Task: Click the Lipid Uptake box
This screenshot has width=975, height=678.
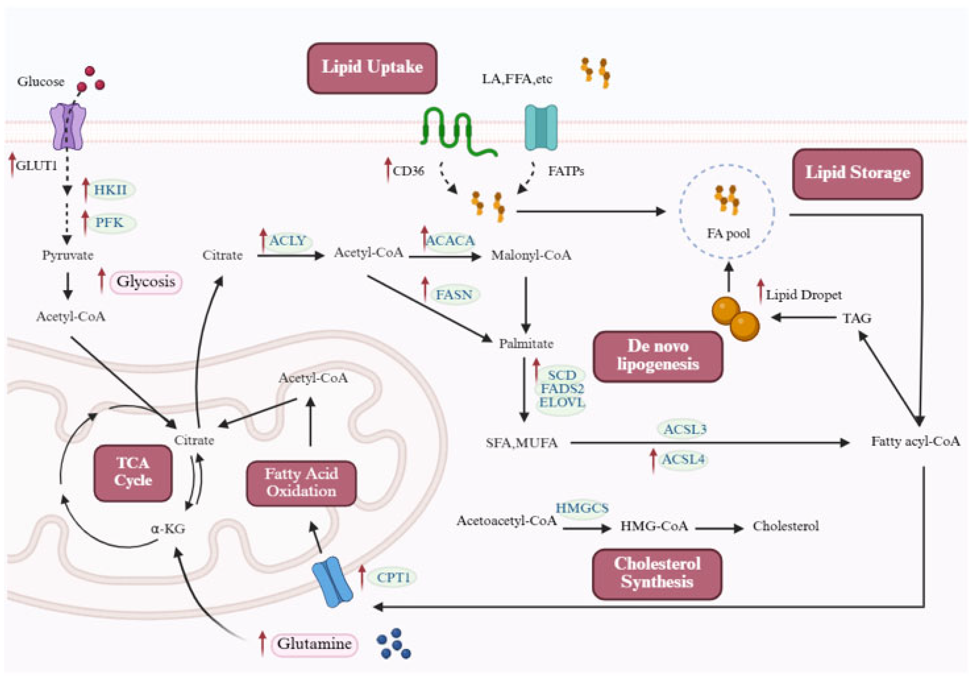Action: [x=372, y=68]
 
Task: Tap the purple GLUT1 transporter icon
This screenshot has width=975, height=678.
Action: [x=68, y=127]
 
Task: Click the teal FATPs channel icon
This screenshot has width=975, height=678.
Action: [x=541, y=127]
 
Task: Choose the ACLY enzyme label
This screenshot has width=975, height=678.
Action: [x=287, y=241]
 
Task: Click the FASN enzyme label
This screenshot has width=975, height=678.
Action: [x=454, y=294]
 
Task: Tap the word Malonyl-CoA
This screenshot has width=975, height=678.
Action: [x=531, y=255]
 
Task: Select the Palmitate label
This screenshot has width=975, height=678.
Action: [x=526, y=343]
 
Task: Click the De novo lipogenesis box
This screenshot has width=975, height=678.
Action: [x=658, y=356]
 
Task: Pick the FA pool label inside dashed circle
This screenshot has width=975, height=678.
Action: [x=728, y=233]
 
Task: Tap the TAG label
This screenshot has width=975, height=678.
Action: [x=857, y=318]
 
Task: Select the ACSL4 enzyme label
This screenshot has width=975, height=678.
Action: [x=683, y=459]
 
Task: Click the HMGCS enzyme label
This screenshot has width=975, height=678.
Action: [x=582, y=508]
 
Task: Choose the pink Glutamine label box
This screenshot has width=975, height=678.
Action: [x=314, y=643]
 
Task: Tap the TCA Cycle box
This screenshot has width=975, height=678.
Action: [x=133, y=472]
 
